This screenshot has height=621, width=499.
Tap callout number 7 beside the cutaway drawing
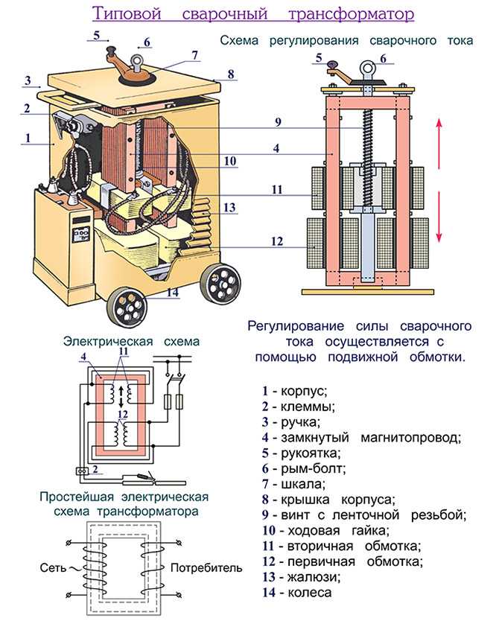[194, 55]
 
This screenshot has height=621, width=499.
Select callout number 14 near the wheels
[173, 293]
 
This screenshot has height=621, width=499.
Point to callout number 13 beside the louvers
[229, 207]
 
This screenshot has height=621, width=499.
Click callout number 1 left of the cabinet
[28, 137]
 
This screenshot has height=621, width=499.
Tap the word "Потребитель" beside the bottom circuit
[206, 568]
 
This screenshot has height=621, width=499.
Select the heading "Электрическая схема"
[132, 342]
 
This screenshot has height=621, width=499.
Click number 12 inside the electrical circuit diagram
[124, 414]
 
